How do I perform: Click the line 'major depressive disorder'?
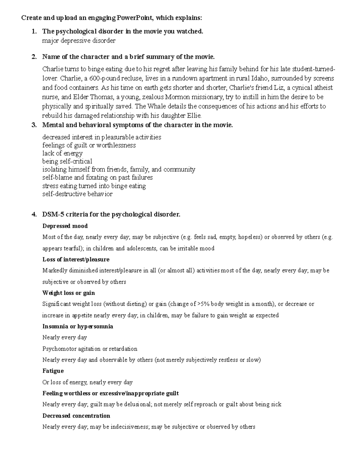pyautogui.click(x=79, y=41)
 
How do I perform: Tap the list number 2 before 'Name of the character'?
pyautogui.click(x=34, y=57)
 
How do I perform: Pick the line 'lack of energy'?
pyautogui.click(x=62, y=153)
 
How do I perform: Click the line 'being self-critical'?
pyautogui.click(x=67, y=161)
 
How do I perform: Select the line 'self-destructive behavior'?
pyautogui.click(x=77, y=194)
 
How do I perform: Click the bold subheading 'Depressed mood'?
pyautogui.click(x=65, y=226)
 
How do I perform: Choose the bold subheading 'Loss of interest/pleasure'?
pyautogui.click(x=76, y=259)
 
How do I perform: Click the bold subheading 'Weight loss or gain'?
pyautogui.click(x=69, y=293)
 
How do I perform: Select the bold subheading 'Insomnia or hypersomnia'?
pyautogui.click(x=78, y=326)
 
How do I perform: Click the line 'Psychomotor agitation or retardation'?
pyautogui.click(x=90, y=349)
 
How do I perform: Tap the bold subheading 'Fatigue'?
pyautogui.click(x=53, y=371)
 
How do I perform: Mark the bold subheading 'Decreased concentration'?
pyautogui.click(x=76, y=416)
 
